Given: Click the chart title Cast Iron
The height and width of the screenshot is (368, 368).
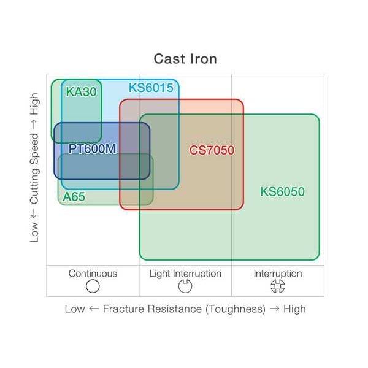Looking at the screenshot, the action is [185, 59].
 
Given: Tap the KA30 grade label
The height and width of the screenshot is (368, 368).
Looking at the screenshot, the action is [81, 91].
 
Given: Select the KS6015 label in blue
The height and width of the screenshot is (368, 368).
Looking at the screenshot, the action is [151, 88].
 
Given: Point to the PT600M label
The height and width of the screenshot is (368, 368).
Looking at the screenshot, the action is [92, 149].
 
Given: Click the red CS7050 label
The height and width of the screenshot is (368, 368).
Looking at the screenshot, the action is [212, 150].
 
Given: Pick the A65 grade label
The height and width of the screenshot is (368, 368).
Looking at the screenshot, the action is [74, 197].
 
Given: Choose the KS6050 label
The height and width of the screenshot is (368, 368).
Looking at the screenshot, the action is [282, 191].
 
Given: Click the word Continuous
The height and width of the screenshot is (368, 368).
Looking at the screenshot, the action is [93, 274].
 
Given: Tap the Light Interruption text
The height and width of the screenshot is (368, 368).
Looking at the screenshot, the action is [185, 274].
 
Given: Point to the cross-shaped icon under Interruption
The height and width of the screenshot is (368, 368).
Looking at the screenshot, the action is [278, 286].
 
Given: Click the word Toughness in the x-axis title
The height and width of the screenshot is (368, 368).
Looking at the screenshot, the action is [236, 309].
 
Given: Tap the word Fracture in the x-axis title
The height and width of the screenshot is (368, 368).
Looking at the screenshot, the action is [123, 309].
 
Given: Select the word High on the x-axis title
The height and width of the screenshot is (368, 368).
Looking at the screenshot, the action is [294, 309].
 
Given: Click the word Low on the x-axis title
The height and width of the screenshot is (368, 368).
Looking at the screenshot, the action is [75, 309].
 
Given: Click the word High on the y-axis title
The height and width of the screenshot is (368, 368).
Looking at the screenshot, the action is [34, 104].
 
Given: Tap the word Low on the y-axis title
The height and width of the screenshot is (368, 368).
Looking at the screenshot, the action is [34, 232].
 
